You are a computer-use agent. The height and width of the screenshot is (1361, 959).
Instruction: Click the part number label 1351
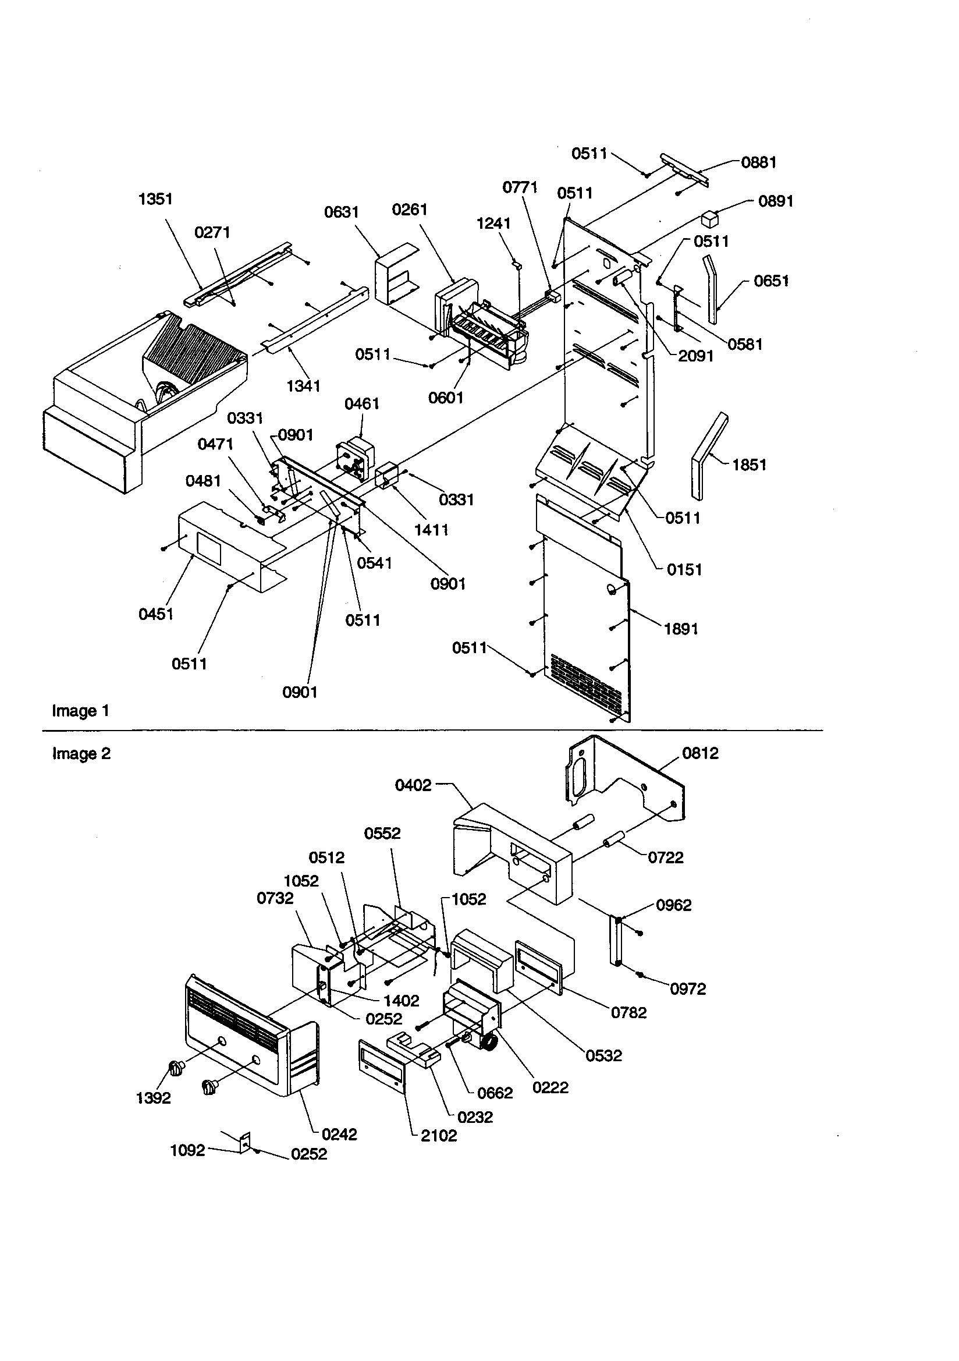coord(155,199)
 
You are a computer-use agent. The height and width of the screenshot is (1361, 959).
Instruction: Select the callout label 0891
coord(775,201)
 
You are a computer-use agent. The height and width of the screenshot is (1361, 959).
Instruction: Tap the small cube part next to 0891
coord(709,219)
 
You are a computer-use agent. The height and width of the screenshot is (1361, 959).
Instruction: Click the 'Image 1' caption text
coord(81,711)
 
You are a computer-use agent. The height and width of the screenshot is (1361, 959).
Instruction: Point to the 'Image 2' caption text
coord(81,754)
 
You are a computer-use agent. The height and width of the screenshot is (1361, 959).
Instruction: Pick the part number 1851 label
coord(749,465)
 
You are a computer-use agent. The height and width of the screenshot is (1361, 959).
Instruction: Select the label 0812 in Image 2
coord(700,753)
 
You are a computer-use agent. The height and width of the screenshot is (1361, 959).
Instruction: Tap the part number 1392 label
coord(154,1098)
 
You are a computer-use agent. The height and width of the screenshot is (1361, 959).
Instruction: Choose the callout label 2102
coord(439,1136)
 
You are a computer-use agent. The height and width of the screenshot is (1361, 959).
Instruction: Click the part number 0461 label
coord(361,404)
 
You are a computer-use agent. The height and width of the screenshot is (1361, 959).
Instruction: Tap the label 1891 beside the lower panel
coord(681,629)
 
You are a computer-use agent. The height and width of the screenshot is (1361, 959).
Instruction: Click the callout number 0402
coord(413,785)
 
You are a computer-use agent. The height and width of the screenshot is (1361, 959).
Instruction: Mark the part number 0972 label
coord(688,989)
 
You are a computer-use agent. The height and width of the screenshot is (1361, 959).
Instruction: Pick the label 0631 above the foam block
coord(342,212)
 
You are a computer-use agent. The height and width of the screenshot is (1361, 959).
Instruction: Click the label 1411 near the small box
coord(431,530)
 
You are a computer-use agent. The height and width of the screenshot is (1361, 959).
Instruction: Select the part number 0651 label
coord(771,281)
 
